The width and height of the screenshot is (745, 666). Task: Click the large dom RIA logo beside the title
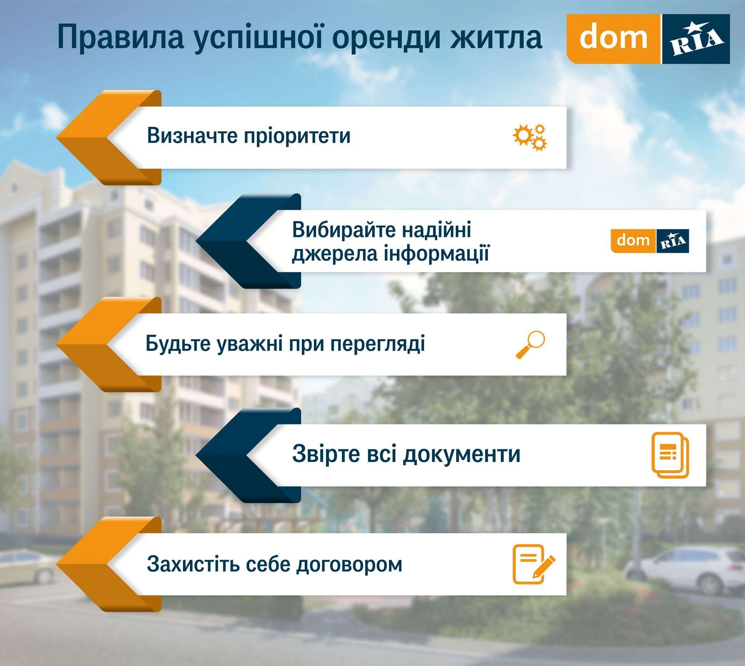click(x=648, y=39)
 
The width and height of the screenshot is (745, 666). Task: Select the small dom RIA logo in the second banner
click(x=650, y=241)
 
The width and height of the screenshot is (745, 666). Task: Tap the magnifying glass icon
click(x=530, y=344)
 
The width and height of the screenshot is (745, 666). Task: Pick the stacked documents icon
click(x=670, y=455)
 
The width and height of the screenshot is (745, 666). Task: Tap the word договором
click(x=349, y=565)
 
